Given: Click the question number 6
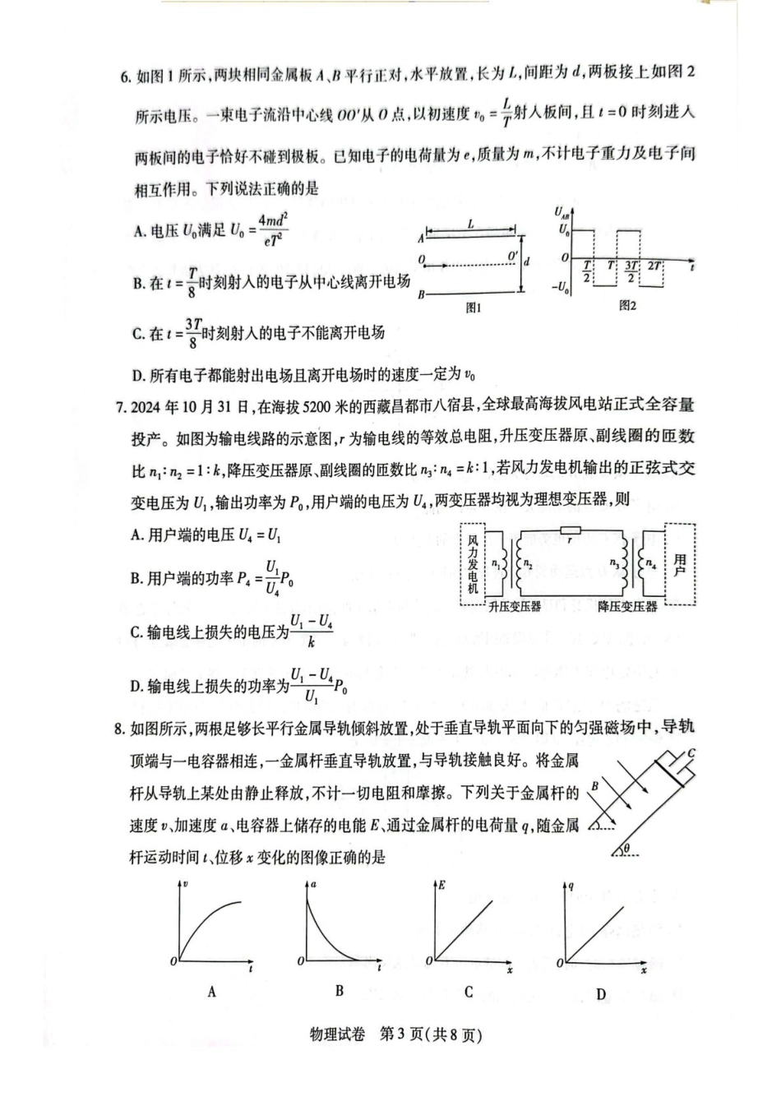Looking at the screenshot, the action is coord(125,77).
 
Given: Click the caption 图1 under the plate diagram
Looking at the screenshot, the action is coord(473,308).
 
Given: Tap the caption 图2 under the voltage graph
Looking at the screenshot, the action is coord(627,306).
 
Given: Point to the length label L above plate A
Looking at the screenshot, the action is coord(470,224).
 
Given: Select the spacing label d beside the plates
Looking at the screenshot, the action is coord(527,261).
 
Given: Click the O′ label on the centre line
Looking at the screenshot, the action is coord(512,255).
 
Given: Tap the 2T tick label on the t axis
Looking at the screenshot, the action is coord(654,266).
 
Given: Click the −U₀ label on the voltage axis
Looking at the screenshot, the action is coord(561,288).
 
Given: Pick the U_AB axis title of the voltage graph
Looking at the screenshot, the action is coord(562,213).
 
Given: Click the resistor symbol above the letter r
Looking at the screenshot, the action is coord(569,530).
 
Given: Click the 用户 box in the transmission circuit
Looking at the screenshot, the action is coord(680,564).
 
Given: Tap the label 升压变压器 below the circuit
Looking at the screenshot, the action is coord(515,607).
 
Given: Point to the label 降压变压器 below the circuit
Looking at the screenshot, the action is coord(627,607).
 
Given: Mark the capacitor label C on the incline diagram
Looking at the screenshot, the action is coord(691,752).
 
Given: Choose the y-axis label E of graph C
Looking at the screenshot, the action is coord(441,885).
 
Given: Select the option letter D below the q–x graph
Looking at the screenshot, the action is coord(601,994).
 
